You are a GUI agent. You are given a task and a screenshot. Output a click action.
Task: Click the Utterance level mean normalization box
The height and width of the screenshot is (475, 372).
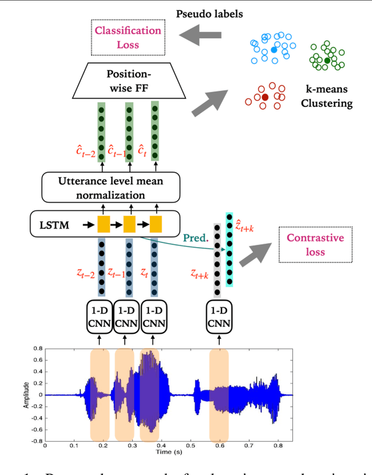click(110, 187)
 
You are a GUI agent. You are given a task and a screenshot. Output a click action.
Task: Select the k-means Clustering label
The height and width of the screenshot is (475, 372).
click(329, 97)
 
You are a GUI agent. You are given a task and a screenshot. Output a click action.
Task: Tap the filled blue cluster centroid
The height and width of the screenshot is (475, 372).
click(273, 51)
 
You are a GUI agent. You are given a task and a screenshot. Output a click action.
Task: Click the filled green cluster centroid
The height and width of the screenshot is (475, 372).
click(327, 60)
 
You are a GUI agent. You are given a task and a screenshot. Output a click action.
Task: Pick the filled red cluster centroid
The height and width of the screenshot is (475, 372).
click(265, 97)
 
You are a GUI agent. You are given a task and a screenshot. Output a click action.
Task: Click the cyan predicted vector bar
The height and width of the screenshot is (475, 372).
click(230, 251)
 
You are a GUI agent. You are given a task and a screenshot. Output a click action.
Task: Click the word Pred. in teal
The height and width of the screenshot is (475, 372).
click(196, 238)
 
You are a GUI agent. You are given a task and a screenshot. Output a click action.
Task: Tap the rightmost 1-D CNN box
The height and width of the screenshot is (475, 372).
click(219, 317)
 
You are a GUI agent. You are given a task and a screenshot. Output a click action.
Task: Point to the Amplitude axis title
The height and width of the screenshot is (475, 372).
click(26, 395)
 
